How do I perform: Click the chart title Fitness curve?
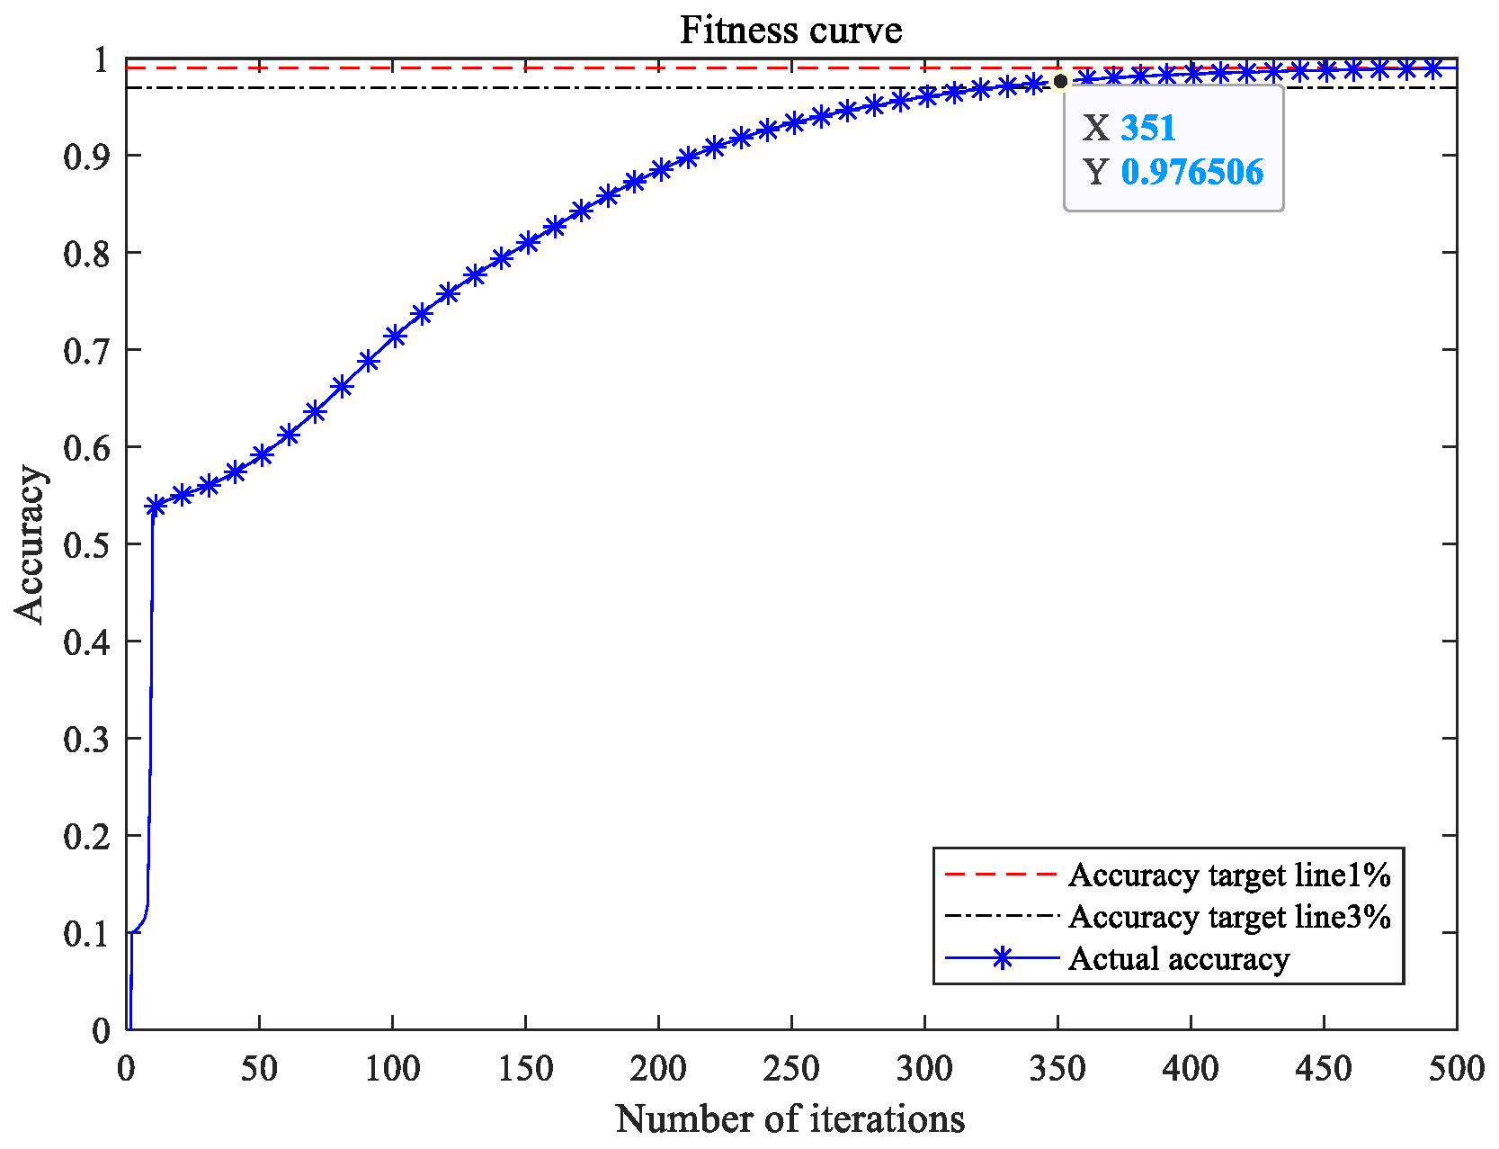click(790, 31)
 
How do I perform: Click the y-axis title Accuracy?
click(31, 544)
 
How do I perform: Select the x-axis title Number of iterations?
click(790, 1119)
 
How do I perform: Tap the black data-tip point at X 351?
click(1060, 82)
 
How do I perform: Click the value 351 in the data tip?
click(1148, 128)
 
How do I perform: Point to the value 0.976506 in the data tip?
click(1192, 172)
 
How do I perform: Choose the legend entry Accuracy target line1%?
click(1229, 875)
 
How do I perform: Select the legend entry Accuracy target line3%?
click(1229, 917)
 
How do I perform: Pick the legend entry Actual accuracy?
click(1179, 959)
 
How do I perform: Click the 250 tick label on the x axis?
click(791, 1069)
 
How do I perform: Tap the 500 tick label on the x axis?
click(1456, 1069)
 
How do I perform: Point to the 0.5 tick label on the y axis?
click(86, 545)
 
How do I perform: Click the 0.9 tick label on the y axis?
click(86, 157)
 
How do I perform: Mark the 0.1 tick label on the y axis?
click(86, 934)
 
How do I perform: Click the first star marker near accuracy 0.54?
click(156, 507)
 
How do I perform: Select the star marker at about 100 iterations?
click(396, 337)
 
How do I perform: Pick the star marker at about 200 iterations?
click(662, 169)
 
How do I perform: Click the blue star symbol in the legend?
click(1002, 959)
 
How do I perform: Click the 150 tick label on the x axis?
click(525, 1069)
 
